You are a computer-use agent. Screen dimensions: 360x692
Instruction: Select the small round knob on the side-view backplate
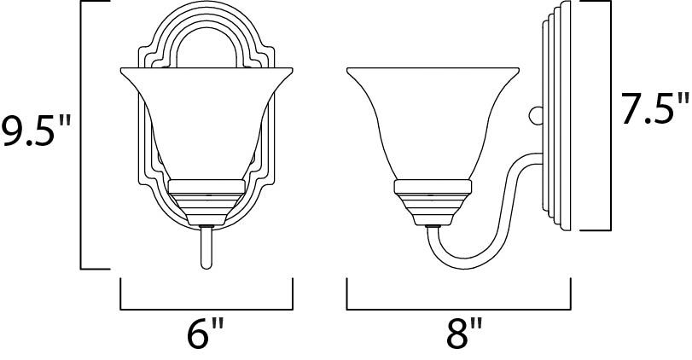535,113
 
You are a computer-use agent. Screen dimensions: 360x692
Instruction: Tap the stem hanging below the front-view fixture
206,247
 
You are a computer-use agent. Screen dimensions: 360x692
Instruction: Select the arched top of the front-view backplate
206,26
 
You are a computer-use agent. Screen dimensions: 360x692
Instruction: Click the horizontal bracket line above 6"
206,309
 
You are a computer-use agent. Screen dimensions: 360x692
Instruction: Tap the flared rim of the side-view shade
433,70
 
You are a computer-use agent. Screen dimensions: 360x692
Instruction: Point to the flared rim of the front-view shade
206,70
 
